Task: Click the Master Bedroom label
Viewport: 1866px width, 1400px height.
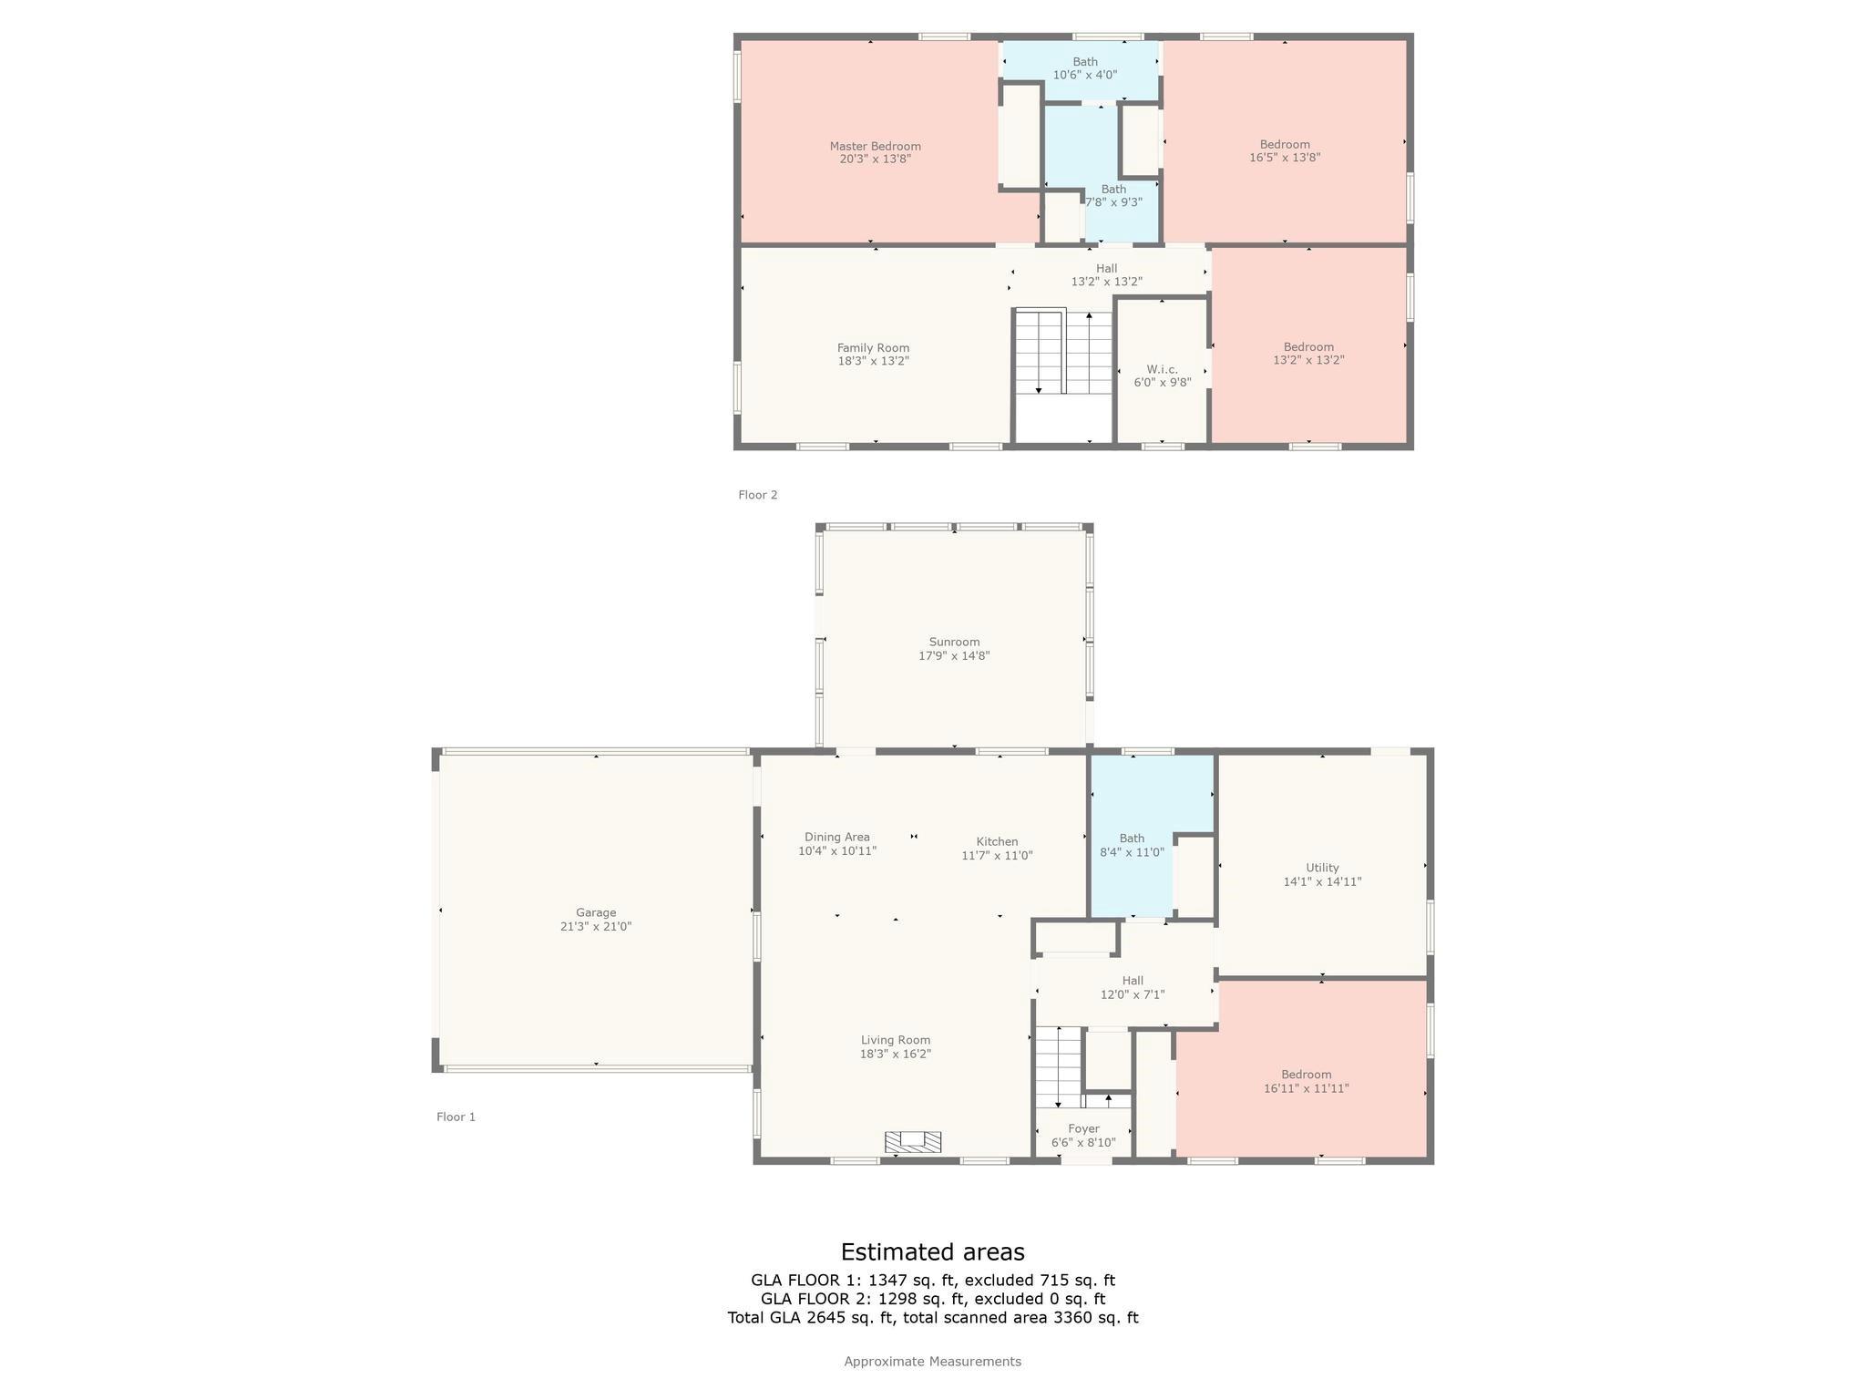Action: click(x=875, y=146)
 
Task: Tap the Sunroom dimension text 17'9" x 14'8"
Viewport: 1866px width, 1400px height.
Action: click(x=954, y=655)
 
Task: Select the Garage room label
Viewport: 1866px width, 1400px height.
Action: click(x=596, y=912)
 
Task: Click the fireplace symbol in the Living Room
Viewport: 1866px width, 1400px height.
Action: click(x=913, y=1141)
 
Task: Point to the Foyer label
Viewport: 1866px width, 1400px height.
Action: click(x=1083, y=1128)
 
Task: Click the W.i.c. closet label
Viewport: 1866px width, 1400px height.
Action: click(x=1162, y=369)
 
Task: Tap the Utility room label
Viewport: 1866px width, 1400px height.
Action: click(x=1322, y=868)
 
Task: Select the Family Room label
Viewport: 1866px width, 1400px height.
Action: click(x=873, y=347)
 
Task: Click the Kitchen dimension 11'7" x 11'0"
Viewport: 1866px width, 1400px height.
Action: click(x=997, y=856)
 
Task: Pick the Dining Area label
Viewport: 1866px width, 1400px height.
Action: click(x=836, y=837)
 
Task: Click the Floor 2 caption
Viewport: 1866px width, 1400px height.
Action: click(x=757, y=495)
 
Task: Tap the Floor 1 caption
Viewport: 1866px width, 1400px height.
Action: click(x=456, y=1117)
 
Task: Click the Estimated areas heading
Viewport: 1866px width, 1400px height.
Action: click(x=932, y=1251)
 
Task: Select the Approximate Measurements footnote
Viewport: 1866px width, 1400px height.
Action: click(x=932, y=1361)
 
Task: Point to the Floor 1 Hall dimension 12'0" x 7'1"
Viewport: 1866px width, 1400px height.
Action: click(x=1133, y=994)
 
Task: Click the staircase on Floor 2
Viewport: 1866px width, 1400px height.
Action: click(x=1064, y=352)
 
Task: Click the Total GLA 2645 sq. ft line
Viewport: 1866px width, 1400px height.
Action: click(x=932, y=1317)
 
